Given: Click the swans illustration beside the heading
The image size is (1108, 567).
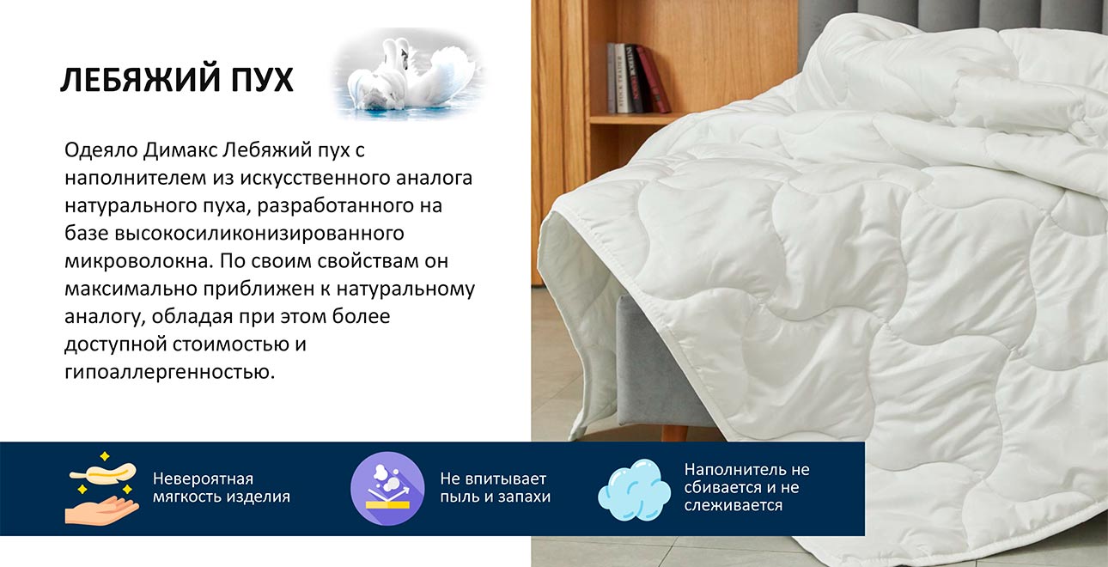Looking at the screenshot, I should (x=407, y=74).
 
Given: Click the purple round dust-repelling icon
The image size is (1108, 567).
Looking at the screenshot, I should (x=387, y=488).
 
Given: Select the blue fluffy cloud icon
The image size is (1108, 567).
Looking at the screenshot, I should (x=634, y=488).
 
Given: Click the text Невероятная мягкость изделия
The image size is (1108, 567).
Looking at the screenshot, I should (x=221, y=487).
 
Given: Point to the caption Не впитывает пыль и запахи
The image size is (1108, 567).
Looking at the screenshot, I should (x=495, y=487).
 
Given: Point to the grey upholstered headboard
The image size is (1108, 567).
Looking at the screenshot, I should (x=945, y=17).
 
